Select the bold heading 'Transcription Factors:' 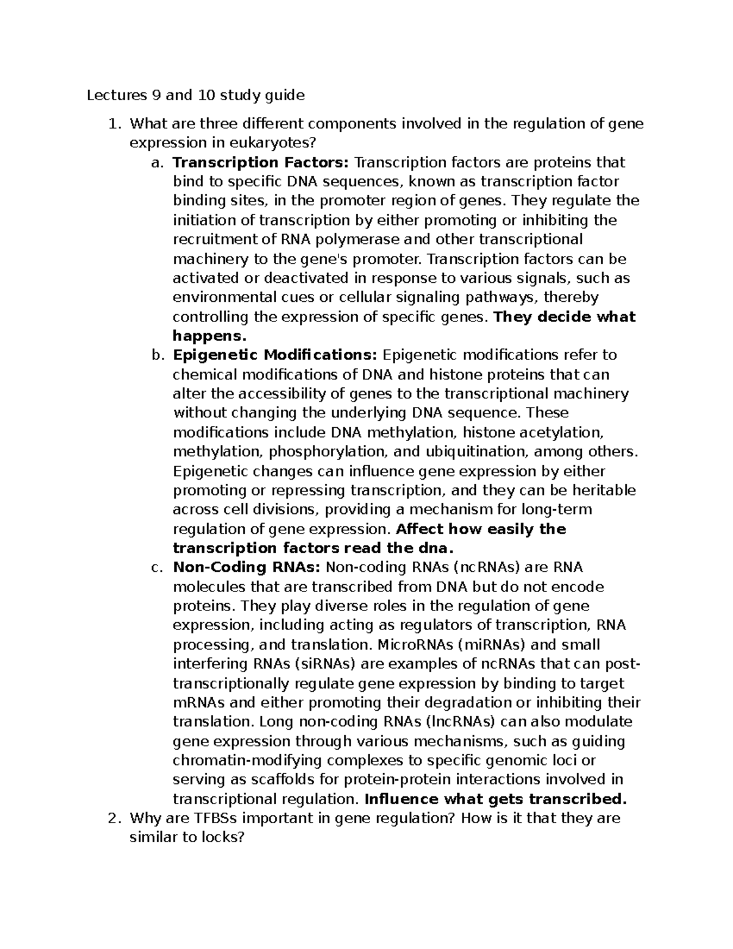click(x=261, y=163)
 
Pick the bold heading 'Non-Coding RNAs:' click(x=247, y=567)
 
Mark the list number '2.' click(x=114, y=818)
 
